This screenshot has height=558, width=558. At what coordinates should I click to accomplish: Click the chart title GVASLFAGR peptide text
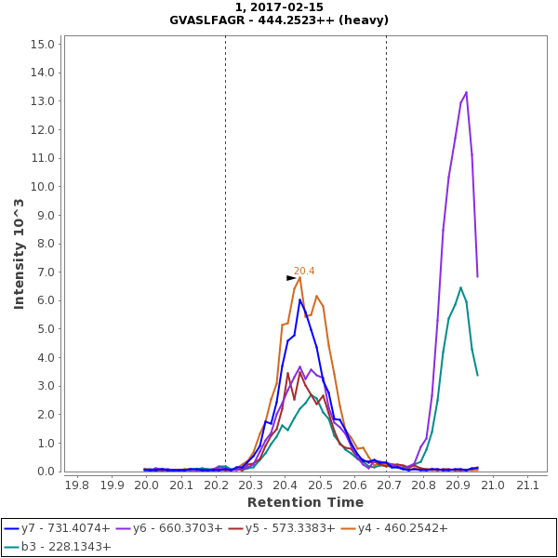279,20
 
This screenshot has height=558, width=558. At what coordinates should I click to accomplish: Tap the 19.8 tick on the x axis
77,485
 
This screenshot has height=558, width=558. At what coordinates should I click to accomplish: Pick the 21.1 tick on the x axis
528,485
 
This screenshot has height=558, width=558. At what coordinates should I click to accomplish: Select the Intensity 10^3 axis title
19,254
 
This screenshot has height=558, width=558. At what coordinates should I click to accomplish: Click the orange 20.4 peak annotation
304,271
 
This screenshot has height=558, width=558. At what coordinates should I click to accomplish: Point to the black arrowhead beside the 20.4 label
291,277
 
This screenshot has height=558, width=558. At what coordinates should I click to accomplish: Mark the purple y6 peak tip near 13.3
466,92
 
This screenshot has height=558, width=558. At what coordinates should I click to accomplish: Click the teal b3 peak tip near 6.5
460,287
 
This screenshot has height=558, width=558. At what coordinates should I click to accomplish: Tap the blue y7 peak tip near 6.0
299,299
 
